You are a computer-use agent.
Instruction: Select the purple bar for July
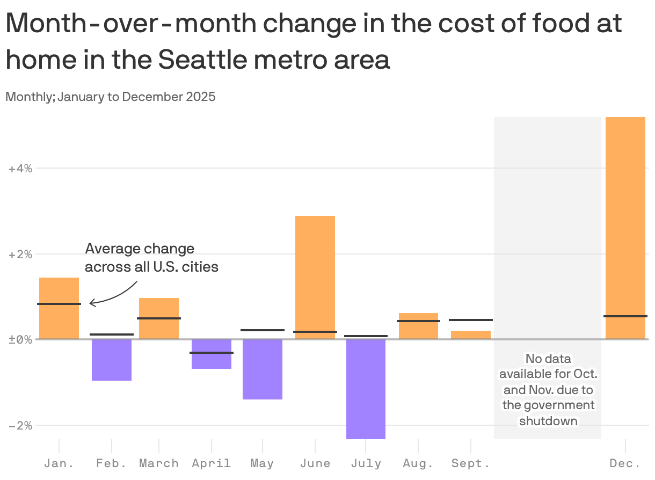click(x=366, y=389)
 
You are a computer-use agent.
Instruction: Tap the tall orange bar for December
click(x=625, y=215)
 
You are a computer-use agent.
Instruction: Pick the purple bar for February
click(x=112, y=360)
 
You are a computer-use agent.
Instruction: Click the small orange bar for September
click(x=471, y=335)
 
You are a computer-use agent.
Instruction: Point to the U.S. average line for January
click(x=59, y=304)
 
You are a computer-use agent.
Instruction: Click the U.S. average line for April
click(x=212, y=353)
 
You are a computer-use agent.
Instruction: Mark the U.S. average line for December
click(x=625, y=316)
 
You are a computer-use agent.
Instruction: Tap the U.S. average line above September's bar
click(x=471, y=320)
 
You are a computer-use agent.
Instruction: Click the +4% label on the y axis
click(x=20, y=169)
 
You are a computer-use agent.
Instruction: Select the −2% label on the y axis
click(x=20, y=425)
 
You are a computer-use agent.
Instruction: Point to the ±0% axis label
click(x=20, y=339)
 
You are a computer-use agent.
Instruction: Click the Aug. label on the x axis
click(x=418, y=463)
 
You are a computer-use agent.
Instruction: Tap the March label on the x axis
click(x=159, y=463)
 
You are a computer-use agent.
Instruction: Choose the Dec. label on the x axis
click(x=625, y=463)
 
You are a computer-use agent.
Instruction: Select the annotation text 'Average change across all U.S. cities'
click(x=151, y=258)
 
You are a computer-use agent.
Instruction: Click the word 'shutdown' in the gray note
click(x=548, y=420)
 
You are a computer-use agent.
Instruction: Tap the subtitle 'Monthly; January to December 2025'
click(x=111, y=97)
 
